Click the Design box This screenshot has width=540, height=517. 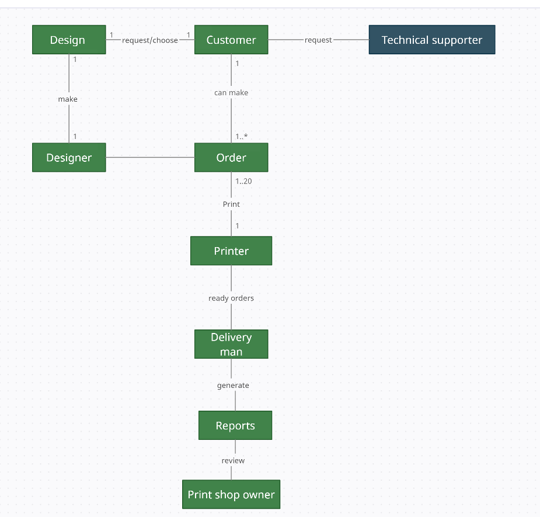pyautogui.click(x=69, y=40)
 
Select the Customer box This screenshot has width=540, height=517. pyautogui.click(x=231, y=40)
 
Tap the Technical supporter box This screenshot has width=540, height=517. pyautogui.click(x=431, y=40)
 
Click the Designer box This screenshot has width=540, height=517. pyautogui.click(x=69, y=158)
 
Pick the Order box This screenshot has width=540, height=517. pyautogui.click(x=231, y=158)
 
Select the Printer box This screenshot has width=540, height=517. pyautogui.click(x=231, y=251)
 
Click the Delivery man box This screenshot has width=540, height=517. pyautogui.click(x=231, y=344)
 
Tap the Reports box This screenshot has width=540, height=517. pyautogui.click(x=235, y=425)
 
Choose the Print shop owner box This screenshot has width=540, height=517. pyautogui.click(x=231, y=495)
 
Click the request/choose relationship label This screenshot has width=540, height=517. pyautogui.click(x=150, y=40)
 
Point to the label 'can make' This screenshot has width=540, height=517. pyautogui.click(x=231, y=93)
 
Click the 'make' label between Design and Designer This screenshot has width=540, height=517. pyautogui.click(x=68, y=99)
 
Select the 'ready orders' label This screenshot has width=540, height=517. pyautogui.click(x=231, y=298)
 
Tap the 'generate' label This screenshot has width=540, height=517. pyautogui.click(x=233, y=386)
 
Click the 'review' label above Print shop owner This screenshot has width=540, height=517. pyautogui.click(x=233, y=461)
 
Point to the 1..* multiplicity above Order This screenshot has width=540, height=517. pyautogui.click(x=242, y=137)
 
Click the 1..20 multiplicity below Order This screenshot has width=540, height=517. pyautogui.click(x=243, y=181)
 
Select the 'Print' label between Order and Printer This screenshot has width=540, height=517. pyautogui.click(x=231, y=204)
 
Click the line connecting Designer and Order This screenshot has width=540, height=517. pyautogui.click(x=150, y=158)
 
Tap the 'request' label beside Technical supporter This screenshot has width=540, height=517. pyautogui.click(x=318, y=40)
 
